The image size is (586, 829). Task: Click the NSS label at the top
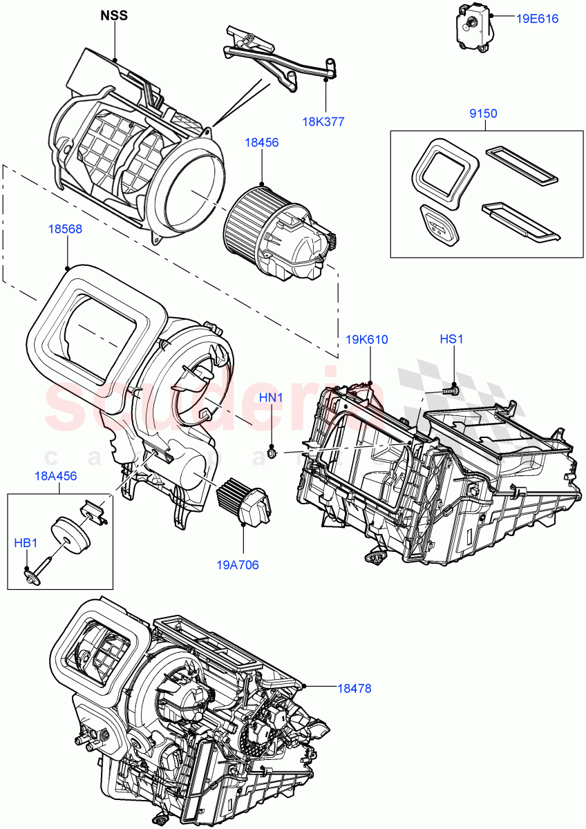(x=114, y=15)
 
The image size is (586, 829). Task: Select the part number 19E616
(x=537, y=19)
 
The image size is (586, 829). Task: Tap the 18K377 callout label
(x=323, y=122)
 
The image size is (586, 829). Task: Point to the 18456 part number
(x=261, y=142)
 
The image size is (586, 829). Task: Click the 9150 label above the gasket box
(x=484, y=113)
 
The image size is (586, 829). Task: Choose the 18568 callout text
(x=66, y=229)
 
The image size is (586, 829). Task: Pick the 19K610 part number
(x=367, y=339)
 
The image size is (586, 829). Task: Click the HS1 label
(x=453, y=339)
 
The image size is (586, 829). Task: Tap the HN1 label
(x=272, y=397)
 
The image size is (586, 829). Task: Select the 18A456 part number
(x=56, y=476)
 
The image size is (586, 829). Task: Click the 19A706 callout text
(x=237, y=564)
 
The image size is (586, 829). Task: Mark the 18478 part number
(x=355, y=688)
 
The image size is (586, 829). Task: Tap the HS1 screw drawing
(x=451, y=390)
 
